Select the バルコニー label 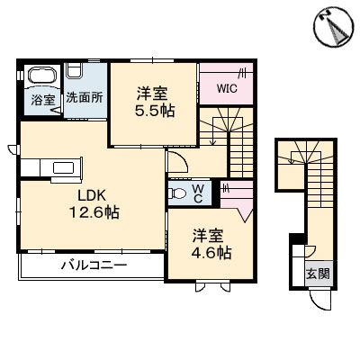click(x=94, y=266)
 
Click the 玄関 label click(x=319, y=274)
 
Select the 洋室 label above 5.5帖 click(x=154, y=91)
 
